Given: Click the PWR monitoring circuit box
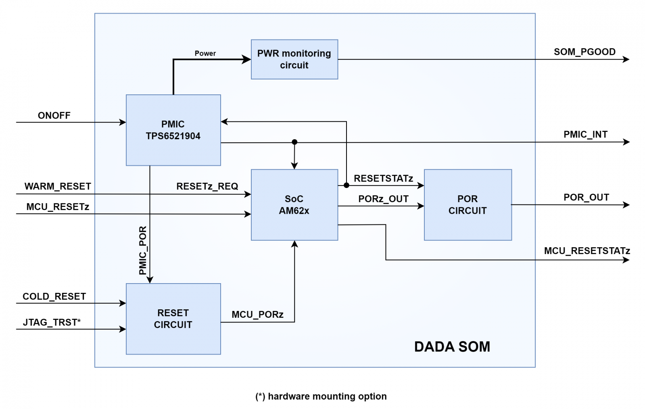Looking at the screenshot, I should [294, 59].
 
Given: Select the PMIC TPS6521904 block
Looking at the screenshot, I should [173, 130].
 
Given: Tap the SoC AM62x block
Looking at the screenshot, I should [294, 204].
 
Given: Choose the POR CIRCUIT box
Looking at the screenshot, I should [468, 204].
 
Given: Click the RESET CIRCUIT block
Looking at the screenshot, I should [173, 319].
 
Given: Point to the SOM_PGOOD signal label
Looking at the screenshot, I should [584, 52].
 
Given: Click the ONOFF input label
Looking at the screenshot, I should [54, 116].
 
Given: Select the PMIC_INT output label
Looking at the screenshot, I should [585, 135].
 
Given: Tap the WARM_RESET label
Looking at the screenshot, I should [58, 186].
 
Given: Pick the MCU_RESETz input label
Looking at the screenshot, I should [58, 207].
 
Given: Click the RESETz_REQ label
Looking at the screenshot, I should [207, 186].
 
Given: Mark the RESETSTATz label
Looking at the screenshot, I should [383, 179].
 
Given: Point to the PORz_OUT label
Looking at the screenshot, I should [383, 199].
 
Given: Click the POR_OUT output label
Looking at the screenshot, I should [586, 198].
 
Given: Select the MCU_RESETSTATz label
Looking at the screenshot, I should [587, 251].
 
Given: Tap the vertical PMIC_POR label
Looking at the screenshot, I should [143, 250].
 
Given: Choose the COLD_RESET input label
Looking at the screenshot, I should [54, 296].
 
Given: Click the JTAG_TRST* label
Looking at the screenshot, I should [52, 322].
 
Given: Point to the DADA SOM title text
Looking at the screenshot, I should [452, 347].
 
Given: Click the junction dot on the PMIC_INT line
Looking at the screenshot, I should [294, 142].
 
